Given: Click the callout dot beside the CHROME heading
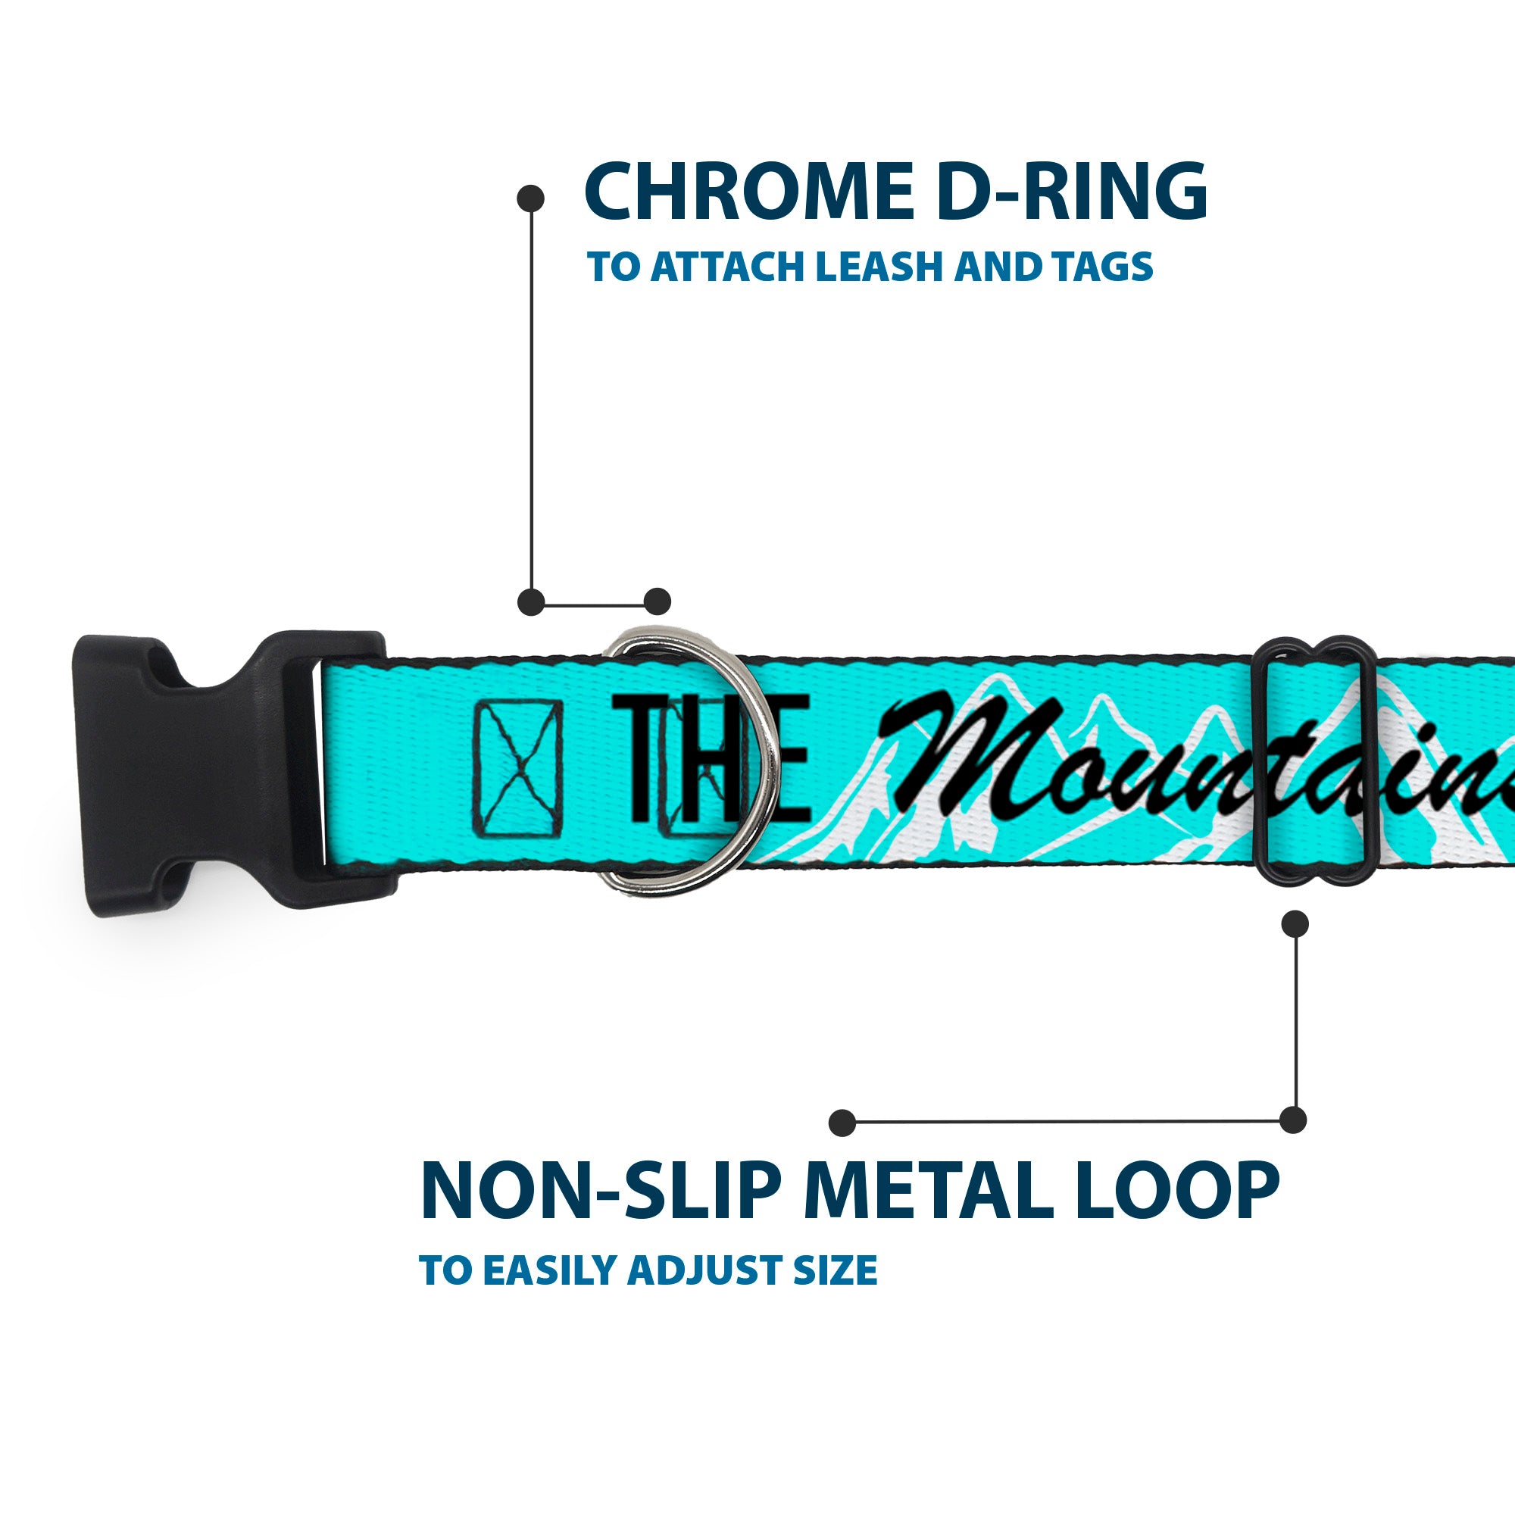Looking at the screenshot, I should click(531, 198).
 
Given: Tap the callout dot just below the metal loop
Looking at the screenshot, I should click(1294, 923).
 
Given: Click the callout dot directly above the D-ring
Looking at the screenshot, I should click(657, 601).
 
